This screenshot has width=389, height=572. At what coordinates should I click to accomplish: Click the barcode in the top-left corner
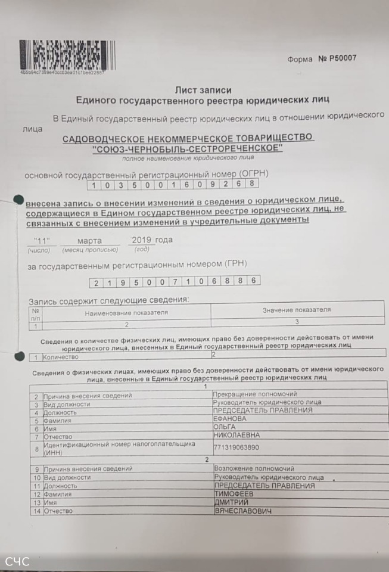(x=67, y=56)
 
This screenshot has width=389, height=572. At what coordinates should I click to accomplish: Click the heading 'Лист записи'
(x=202, y=90)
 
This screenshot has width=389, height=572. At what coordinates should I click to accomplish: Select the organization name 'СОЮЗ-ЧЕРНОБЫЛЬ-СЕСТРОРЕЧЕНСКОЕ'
(x=187, y=148)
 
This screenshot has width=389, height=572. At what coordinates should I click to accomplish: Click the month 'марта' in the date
(x=89, y=241)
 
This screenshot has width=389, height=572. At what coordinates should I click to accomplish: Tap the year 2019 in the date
(x=142, y=240)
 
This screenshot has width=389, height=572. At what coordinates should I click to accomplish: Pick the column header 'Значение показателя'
(x=296, y=310)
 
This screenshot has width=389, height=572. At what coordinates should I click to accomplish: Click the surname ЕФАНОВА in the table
(x=229, y=419)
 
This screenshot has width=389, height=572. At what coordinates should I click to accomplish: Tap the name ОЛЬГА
(x=225, y=427)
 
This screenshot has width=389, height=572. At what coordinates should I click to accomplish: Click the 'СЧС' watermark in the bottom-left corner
(x=17, y=561)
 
